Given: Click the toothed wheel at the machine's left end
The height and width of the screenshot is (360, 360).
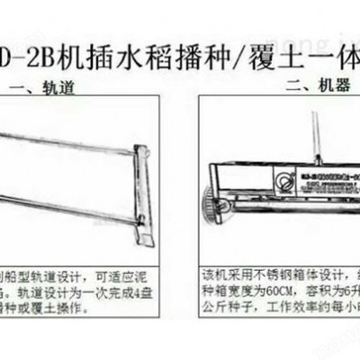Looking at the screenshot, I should point(215,203).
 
